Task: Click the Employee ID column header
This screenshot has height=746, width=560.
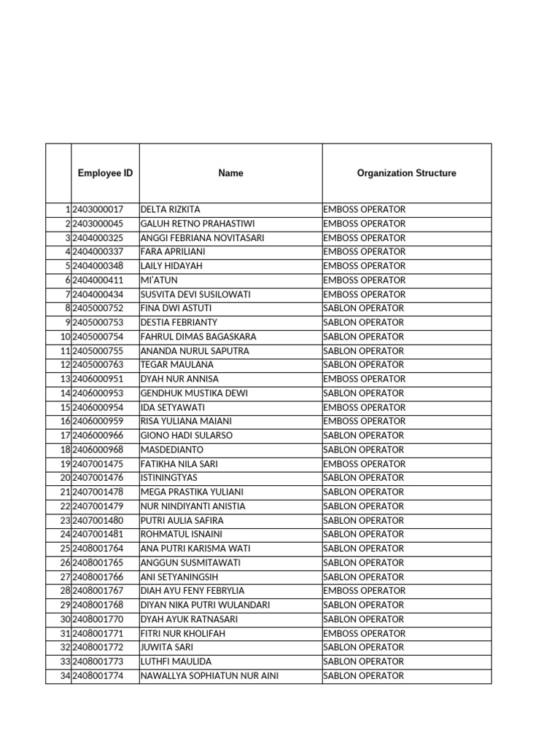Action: coord(105,173)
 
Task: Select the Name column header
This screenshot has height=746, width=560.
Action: coord(230,173)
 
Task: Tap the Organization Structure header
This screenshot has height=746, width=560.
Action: coord(406,173)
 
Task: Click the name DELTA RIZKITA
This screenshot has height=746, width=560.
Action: coord(170,210)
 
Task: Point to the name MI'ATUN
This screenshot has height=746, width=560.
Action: coord(159,280)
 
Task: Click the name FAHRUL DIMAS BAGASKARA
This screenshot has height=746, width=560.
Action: coord(198,337)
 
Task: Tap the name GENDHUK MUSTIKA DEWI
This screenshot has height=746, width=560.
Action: coord(194,393)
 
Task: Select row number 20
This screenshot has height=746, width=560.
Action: coord(64,478)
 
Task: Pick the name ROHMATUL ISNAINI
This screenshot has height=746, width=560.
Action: coord(182,535)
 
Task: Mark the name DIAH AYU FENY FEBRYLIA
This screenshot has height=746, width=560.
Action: coord(192,591)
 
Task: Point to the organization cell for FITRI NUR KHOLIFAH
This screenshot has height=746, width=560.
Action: coord(365,634)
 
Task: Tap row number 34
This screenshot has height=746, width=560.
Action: coord(64,676)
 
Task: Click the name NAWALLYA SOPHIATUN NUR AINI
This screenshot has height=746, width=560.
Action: coord(209,676)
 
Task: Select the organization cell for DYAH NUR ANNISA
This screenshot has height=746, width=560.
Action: coord(365,379)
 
